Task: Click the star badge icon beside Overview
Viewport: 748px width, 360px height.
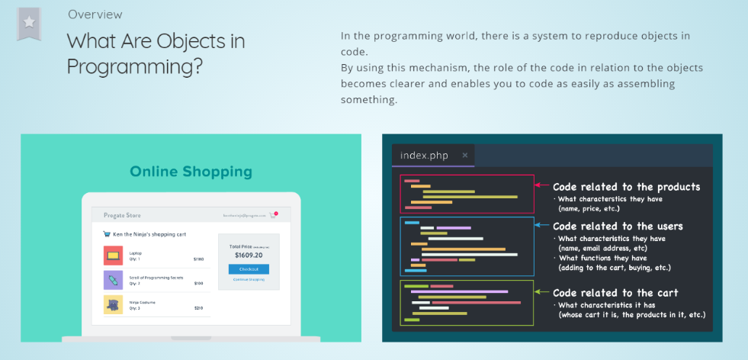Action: coord(29,23)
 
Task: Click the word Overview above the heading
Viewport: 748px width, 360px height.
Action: coord(95,14)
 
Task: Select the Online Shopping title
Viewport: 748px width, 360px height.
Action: coord(191,172)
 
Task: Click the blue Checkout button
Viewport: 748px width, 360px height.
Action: coord(249,269)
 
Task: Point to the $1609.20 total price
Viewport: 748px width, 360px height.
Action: coord(249,256)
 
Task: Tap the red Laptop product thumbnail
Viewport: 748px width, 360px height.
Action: coord(113,255)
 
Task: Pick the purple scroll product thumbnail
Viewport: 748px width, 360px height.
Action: coord(113,280)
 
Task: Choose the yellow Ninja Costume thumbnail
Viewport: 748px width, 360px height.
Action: coord(113,304)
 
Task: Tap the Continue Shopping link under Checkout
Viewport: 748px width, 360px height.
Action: coord(249,280)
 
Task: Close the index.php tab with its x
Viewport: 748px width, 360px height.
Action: coord(465,155)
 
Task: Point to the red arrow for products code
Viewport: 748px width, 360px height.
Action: coord(541,185)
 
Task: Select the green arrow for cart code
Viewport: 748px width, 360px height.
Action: coord(541,292)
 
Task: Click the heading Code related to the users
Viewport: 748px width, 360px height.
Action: coord(618,226)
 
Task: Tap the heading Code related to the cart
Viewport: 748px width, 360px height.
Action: coord(615,292)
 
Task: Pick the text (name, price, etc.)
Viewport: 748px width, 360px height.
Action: coord(589,208)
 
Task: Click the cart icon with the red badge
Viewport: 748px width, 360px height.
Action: coord(272,215)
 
